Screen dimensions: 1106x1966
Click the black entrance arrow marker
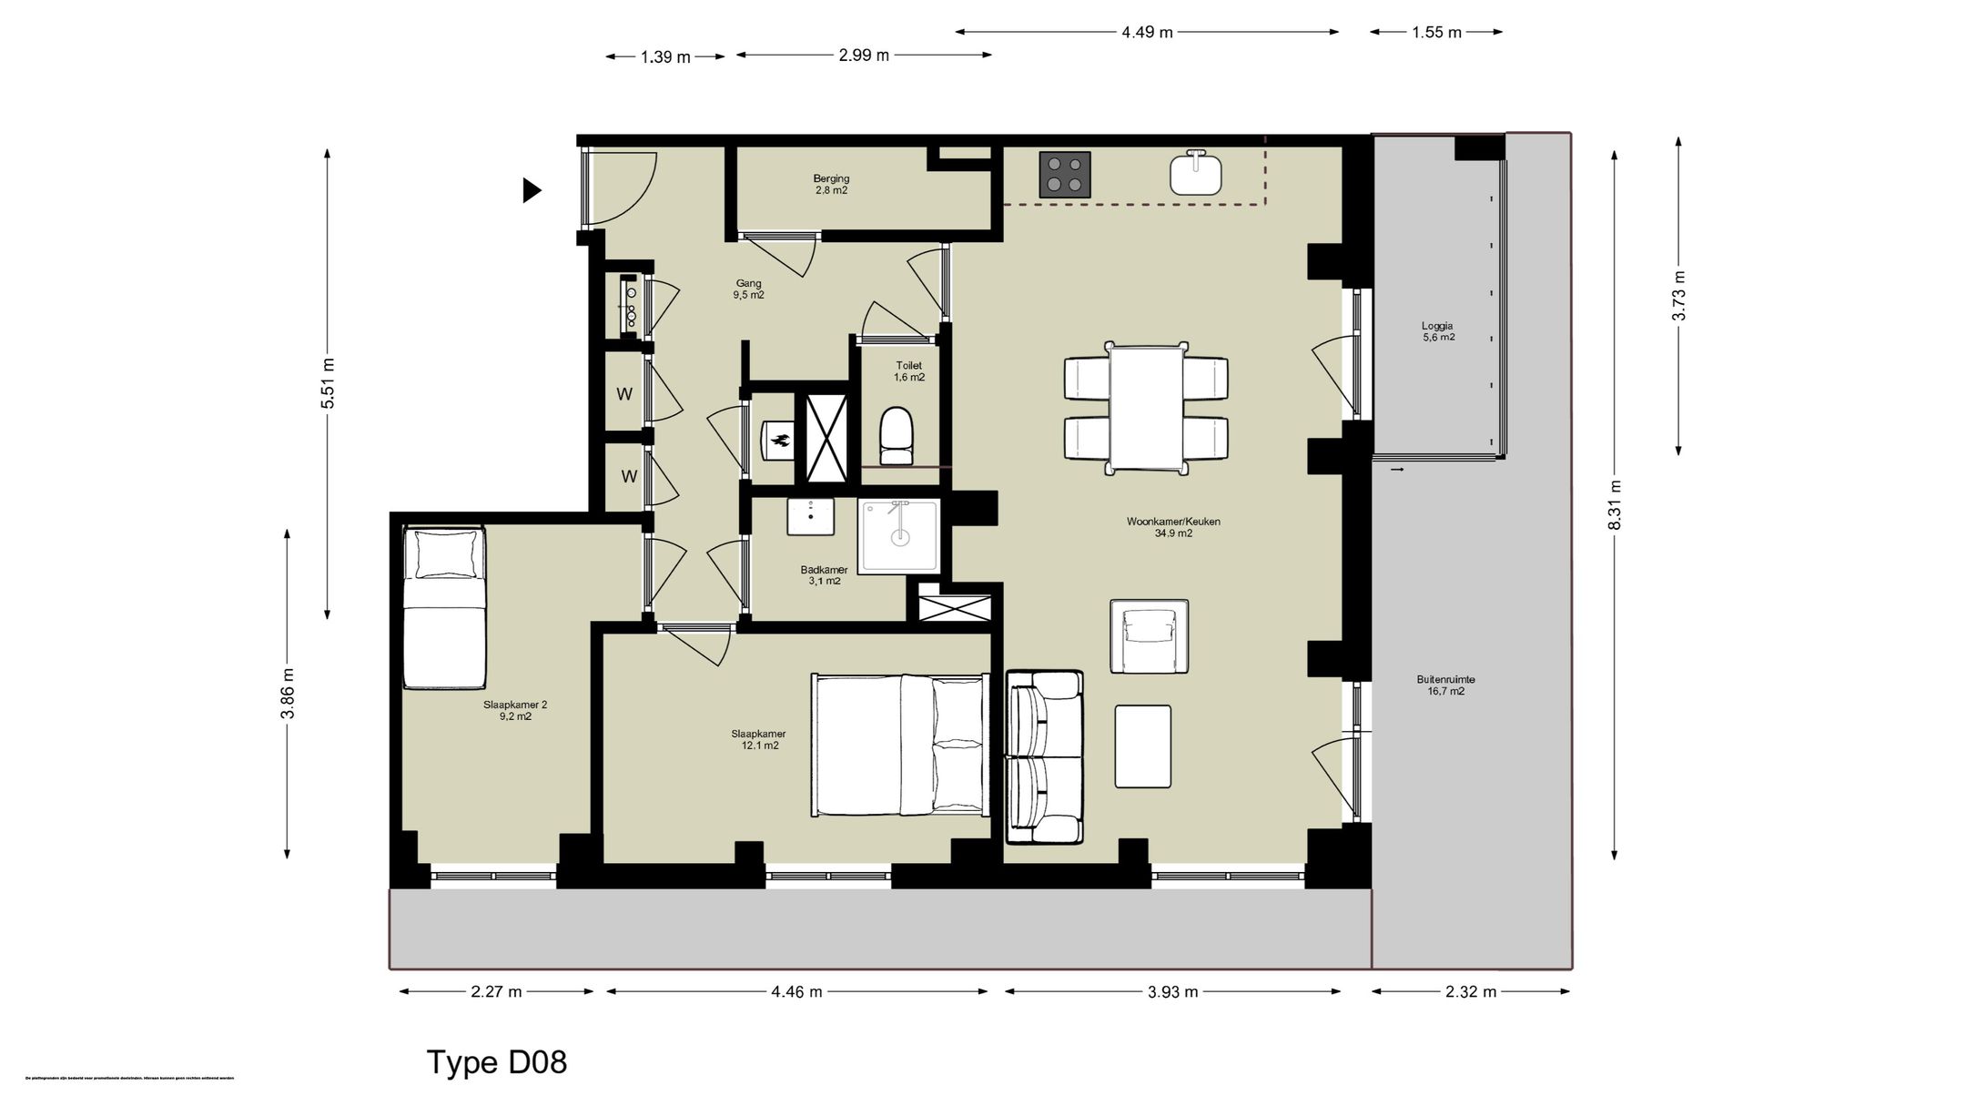pos(532,190)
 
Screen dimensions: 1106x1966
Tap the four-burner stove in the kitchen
pos(1065,174)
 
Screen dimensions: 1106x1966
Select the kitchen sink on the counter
pos(1195,174)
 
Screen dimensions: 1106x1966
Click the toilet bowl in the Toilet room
pos(896,436)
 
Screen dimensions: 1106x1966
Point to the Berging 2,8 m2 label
pos(831,185)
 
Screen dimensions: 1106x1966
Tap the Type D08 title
pos(497,1062)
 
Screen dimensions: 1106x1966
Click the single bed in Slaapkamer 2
pos(444,608)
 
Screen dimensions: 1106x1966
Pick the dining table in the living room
pos(1146,408)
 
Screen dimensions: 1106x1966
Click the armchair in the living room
pos(1149,636)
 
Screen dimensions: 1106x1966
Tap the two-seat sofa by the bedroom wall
pos(1045,757)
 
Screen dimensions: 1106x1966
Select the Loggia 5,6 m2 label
pos(1438,331)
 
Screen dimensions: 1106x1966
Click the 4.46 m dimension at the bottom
pos(796,992)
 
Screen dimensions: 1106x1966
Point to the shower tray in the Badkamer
pos(899,536)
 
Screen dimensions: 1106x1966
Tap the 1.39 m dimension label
pos(665,57)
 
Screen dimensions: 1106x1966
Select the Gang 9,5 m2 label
pos(748,289)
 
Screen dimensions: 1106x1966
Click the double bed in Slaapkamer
pos(899,745)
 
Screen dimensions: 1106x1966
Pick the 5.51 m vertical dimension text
pos(329,383)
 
